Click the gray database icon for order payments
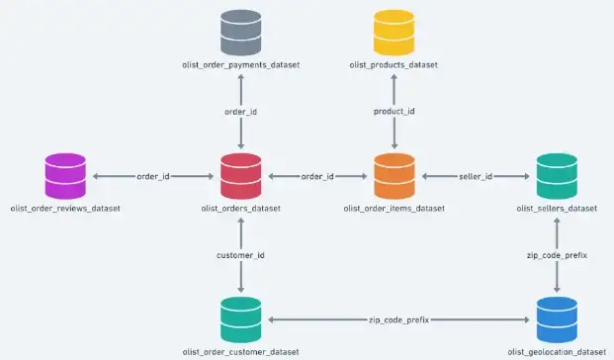click(x=241, y=33)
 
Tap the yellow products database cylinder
click(x=395, y=33)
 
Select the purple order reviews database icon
click(x=67, y=176)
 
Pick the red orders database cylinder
click(x=241, y=176)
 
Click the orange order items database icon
click(x=395, y=176)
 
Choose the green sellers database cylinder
click(x=557, y=176)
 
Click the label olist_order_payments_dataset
click(x=241, y=65)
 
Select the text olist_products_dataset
click(x=395, y=65)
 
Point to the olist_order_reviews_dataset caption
click(x=66, y=209)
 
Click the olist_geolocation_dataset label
click(x=557, y=352)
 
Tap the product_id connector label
click(x=395, y=112)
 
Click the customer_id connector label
click(x=241, y=255)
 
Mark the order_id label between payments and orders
click(x=241, y=112)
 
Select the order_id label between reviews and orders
click(x=153, y=176)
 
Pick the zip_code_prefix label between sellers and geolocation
click(x=557, y=255)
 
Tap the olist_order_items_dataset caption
click(x=395, y=209)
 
